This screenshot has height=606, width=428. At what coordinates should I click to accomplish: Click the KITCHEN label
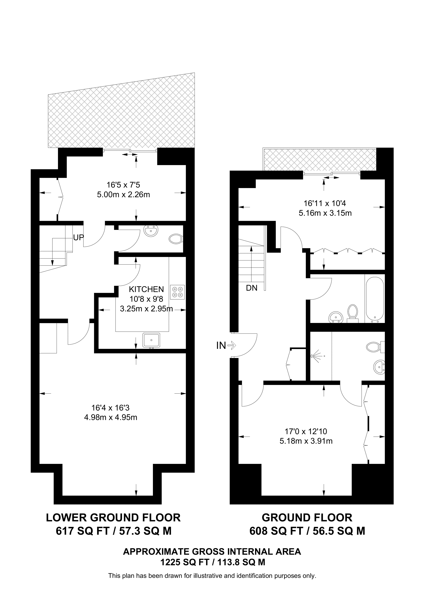pyautogui.click(x=146, y=289)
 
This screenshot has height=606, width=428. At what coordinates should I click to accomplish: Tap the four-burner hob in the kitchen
pyautogui.click(x=177, y=292)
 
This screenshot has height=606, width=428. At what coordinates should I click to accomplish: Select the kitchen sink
pyautogui.click(x=151, y=340)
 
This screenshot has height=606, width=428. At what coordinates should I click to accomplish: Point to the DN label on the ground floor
pyautogui.click(x=252, y=288)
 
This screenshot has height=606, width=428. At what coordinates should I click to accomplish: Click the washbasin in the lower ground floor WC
pyautogui.click(x=151, y=231)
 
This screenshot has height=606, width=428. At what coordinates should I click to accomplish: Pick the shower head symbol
pyautogui.click(x=316, y=356)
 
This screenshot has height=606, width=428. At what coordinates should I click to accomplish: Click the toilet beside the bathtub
pyautogui.click(x=353, y=313)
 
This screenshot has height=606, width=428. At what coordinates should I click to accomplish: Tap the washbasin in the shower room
pyautogui.click(x=379, y=367)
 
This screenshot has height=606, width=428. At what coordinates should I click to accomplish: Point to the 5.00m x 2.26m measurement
pyautogui.click(x=123, y=195)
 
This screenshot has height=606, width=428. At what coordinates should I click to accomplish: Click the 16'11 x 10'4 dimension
pyautogui.click(x=325, y=203)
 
